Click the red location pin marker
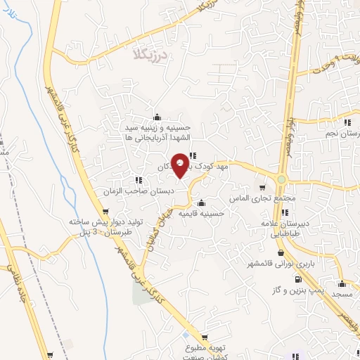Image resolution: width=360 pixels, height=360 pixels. pos(181,165)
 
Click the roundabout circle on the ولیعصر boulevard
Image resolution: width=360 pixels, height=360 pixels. pos(281,180)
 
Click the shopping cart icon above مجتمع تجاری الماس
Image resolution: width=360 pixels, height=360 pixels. pos(262,188)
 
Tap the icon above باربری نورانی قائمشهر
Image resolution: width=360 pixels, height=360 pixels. pos(281,253)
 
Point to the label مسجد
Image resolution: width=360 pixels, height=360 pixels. pos(342,295)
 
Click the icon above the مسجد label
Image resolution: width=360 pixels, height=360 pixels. pos(342,284)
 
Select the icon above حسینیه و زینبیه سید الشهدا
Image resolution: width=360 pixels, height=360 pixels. pos(157,117)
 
